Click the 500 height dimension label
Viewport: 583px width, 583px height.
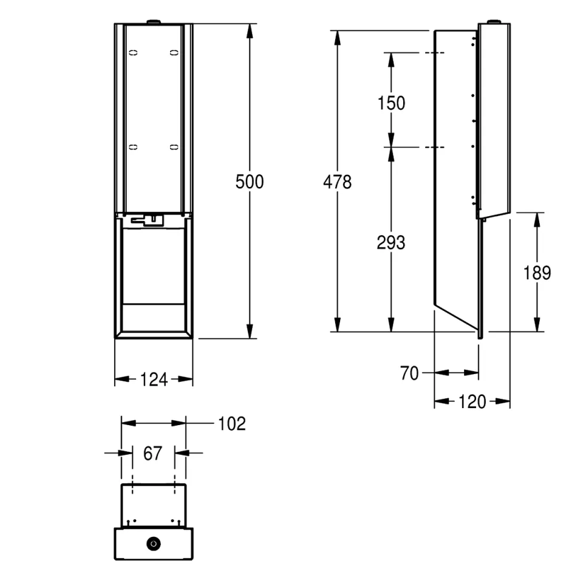[250, 182]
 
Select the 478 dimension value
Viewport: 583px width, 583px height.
[337, 182]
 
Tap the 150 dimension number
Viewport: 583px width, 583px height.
[391, 103]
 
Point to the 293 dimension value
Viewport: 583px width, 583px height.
[390, 243]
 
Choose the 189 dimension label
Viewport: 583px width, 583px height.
[537, 273]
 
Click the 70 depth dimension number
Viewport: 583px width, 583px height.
[409, 373]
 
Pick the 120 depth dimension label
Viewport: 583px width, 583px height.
[472, 401]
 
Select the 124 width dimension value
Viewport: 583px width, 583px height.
[154, 380]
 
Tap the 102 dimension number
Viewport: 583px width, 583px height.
[232, 423]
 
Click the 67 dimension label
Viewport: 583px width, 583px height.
[153, 453]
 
